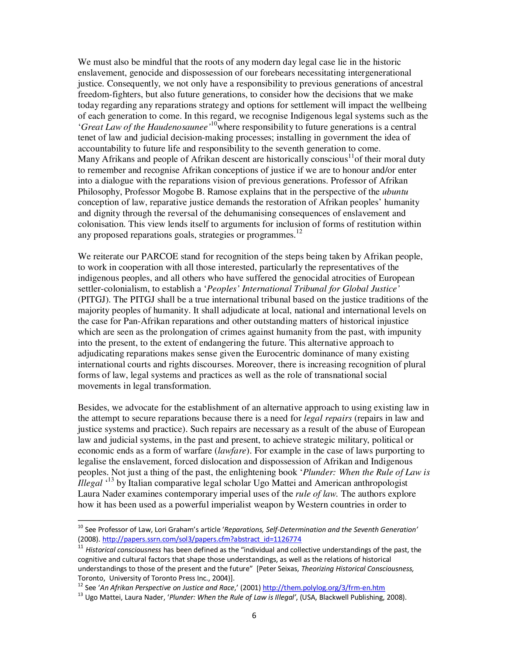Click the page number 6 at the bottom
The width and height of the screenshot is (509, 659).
(254, 616)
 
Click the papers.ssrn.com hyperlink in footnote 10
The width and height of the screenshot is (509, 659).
(202, 539)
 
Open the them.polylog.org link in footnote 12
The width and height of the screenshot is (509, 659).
(324, 587)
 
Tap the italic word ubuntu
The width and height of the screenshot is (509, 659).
(395, 192)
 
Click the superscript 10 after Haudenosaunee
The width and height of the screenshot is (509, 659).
(213, 124)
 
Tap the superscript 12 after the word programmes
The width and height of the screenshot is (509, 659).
(299, 232)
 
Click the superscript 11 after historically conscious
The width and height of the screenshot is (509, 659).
(351, 156)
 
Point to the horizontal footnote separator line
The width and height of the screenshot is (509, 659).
(134, 520)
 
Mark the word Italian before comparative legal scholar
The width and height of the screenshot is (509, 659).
(139, 483)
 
